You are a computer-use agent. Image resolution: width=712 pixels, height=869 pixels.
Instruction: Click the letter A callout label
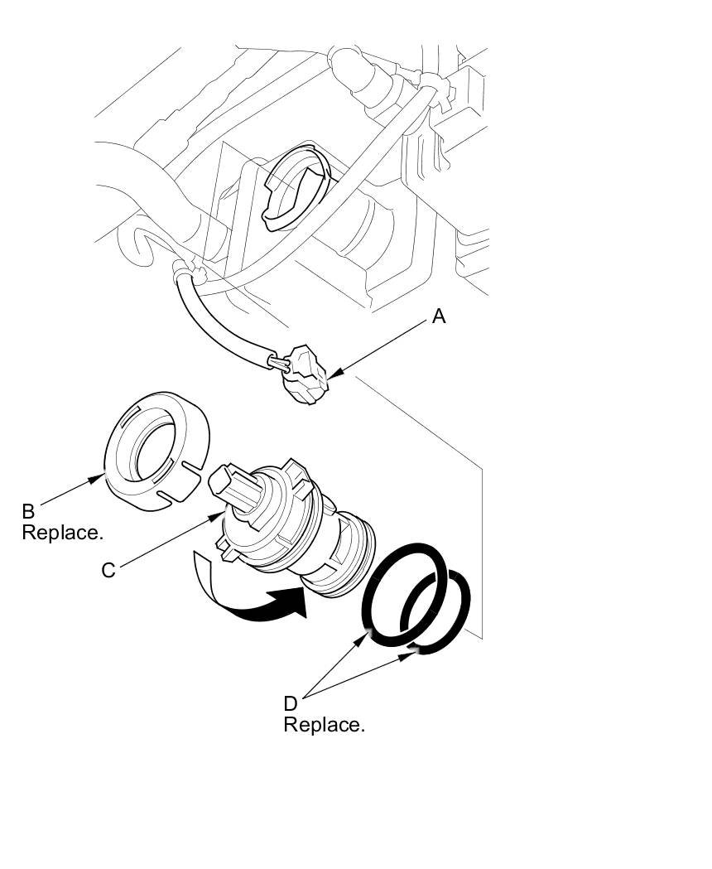439,316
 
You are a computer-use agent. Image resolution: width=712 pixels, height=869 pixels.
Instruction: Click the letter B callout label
28,510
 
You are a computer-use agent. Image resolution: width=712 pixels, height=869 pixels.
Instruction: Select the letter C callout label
108,571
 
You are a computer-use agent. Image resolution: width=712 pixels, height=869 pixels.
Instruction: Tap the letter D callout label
290,703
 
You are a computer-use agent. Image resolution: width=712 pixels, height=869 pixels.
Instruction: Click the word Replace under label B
62,533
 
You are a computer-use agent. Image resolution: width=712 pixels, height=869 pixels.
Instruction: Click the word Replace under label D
324,725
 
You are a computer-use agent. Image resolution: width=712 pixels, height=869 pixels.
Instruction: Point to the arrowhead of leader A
331,379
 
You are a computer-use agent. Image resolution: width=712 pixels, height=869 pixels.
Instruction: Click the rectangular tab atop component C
224,480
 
